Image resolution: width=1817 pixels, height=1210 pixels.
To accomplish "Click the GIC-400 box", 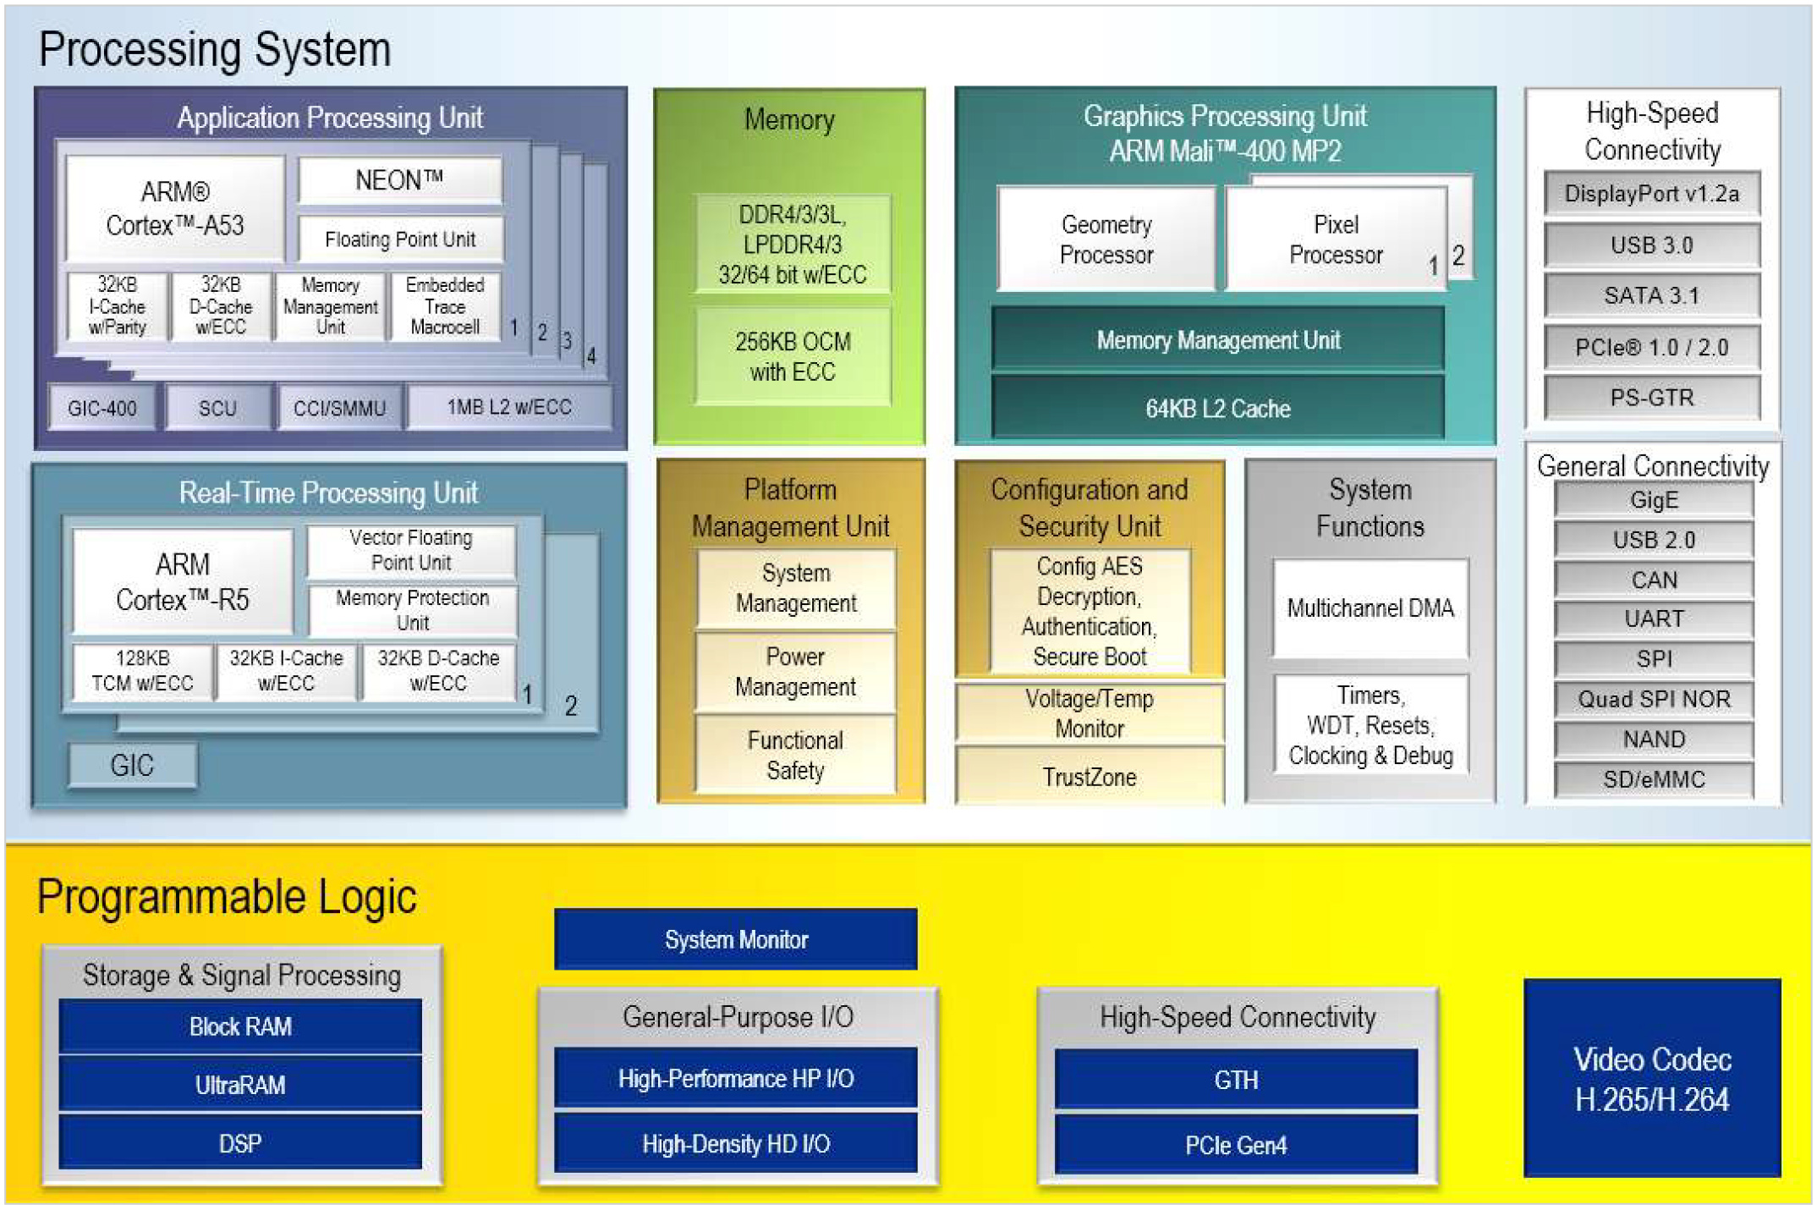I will coord(102,408).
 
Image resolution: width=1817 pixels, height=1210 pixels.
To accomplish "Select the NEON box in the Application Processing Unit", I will coord(399,180).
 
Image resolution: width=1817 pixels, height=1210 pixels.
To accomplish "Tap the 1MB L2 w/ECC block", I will coord(508,407).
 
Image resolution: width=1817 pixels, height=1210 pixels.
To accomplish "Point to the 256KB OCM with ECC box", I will coord(793,356).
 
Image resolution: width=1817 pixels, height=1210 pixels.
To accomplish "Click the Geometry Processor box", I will coord(1106,239).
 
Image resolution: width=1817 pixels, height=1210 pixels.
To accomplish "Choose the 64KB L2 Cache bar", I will coord(1217,409).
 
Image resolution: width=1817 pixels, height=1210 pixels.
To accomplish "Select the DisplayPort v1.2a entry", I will coord(1651,194).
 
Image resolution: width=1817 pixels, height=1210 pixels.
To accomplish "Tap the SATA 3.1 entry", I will coord(1651,295).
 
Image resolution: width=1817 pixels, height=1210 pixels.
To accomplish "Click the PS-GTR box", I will coord(1651,398).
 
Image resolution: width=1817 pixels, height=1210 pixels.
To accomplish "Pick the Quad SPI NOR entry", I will coord(1654,699).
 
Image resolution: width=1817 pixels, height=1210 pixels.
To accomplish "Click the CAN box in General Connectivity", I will coord(1654,580).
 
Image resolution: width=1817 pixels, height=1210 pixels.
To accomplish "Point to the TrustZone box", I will coord(1089,777).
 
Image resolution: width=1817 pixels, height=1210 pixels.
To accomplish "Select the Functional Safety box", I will coord(795,755).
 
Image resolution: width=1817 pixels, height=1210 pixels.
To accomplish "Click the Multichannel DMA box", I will coord(1370,608).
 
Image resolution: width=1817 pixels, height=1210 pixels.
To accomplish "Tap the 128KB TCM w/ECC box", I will coord(142,670).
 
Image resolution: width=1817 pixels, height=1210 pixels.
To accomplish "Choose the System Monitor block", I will coord(736,939).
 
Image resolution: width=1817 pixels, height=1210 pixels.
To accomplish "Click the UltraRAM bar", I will coord(240,1085).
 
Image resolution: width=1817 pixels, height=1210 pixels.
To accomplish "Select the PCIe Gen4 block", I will coord(1236,1145).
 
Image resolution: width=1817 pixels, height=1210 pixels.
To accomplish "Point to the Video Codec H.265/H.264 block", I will coord(1651,1078).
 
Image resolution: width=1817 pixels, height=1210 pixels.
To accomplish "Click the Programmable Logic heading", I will coord(227,897).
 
